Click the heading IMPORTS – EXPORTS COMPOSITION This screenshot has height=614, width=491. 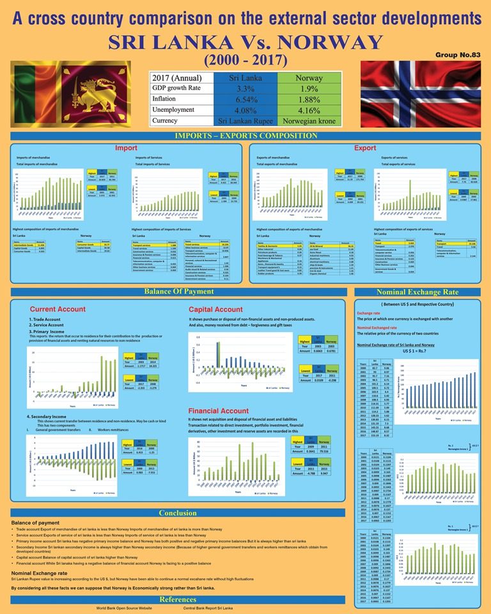245,136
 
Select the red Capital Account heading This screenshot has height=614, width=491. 215,309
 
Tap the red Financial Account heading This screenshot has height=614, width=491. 219,411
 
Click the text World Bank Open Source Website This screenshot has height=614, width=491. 123,608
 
